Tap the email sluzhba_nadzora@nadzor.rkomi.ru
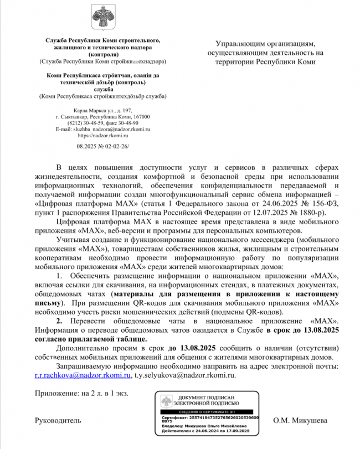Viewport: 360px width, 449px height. (x=103, y=129)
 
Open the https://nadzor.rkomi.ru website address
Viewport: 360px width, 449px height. (x=103, y=135)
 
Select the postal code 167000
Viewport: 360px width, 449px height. (x=141, y=117)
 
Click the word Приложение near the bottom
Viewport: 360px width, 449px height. (x=56, y=393)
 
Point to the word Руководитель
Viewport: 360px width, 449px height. (x=58, y=420)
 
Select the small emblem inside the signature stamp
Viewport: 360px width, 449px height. (x=167, y=402)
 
